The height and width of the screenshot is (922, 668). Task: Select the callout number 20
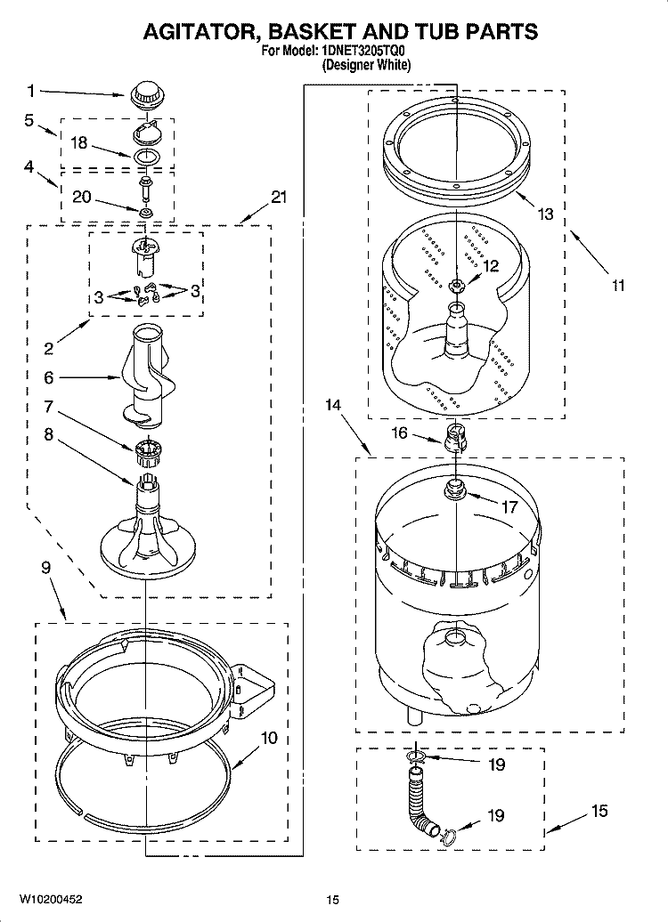click(x=80, y=198)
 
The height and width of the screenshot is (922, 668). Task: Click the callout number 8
click(x=49, y=435)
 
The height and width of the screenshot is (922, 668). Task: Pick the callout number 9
click(x=45, y=567)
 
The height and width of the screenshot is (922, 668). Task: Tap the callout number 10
click(x=269, y=738)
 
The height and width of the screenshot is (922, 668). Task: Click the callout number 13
click(x=545, y=214)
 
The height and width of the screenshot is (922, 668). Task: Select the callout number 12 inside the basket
click(x=491, y=264)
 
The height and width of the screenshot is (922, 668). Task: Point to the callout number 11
click(x=618, y=286)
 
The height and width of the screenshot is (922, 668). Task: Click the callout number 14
click(x=332, y=406)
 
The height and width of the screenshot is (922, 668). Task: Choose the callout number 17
click(x=509, y=508)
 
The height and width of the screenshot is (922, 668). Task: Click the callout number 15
click(x=599, y=811)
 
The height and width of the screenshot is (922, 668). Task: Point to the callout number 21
click(x=279, y=198)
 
